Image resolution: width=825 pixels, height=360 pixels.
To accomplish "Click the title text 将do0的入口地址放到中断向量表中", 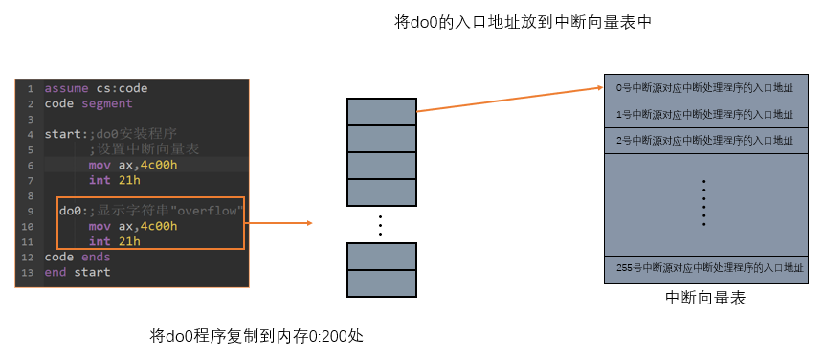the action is [x=523, y=23].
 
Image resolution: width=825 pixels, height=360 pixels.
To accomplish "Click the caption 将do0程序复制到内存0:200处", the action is [x=256, y=336].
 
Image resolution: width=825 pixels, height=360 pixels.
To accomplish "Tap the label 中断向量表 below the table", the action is [x=705, y=299].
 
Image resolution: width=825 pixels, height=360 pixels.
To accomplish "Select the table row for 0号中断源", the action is [x=705, y=87].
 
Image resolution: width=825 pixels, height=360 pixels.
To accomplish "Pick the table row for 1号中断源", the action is [x=705, y=114].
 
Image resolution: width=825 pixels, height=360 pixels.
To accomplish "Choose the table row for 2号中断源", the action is [x=705, y=141].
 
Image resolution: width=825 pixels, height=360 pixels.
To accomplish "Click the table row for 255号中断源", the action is [x=705, y=269].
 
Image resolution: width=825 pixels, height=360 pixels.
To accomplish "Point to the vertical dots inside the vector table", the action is [x=704, y=203].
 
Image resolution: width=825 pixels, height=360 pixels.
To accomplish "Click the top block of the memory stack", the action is [x=382, y=112].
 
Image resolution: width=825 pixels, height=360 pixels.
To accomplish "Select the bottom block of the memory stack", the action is [x=382, y=283].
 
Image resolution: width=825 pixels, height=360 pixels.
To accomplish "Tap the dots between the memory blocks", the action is [x=380, y=225].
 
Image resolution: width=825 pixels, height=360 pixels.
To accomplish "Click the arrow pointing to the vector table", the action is [x=509, y=100].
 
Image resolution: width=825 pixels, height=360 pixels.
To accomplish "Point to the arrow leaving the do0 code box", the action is [x=279, y=223].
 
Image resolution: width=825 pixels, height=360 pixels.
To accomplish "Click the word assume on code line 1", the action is [x=66, y=88].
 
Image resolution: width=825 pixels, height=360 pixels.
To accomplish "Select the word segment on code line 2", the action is [x=107, y=103].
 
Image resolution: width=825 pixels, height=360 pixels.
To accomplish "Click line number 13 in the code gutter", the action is [x=29, y=273].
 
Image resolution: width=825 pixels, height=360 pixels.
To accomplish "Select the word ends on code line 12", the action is [x=96, y=257].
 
